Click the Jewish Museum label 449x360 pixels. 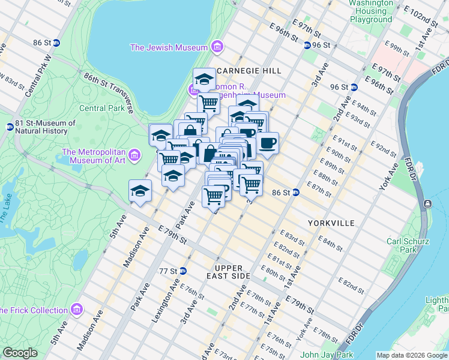coord(169,47)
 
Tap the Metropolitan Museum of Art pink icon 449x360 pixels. coord(136,156)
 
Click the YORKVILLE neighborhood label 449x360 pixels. coord(331,223)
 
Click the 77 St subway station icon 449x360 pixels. coord(182,271)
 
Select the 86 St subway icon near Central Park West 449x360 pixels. coord(56,43)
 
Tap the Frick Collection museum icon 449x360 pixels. coord(76,310)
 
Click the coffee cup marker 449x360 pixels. coord(268,143)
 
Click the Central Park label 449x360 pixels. coord(102,109)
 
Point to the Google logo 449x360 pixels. coord(20,353)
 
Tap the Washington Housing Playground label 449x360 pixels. coord(370,11)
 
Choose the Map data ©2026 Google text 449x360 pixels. coord(411,355)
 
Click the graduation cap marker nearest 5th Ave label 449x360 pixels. coord(140,191)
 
